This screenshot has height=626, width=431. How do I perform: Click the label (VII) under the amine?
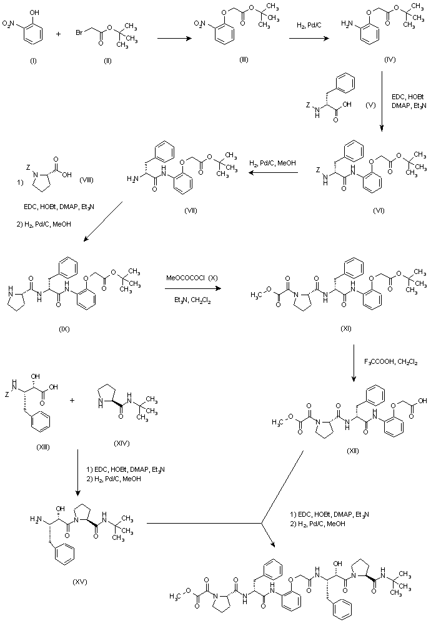pos(191,210)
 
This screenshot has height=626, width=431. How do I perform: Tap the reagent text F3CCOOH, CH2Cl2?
pos(391,361)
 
